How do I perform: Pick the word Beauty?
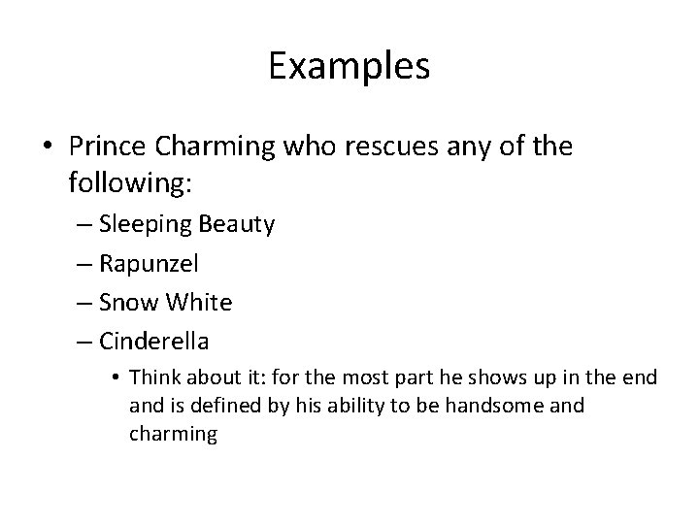coord(237,225)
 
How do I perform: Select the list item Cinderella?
coord(168,342)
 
